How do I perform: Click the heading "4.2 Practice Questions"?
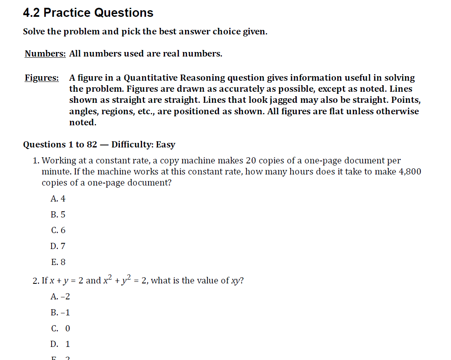pyautogui.click(x=88, y=13)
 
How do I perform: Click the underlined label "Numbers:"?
pyautogui.click(x=45, y=54)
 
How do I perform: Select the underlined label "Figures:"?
pyautogui.click(x=41, y=78)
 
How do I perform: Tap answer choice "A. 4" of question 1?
pyautogui.click(x=58, y=199)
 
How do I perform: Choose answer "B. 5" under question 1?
pyautogui.click(x=58, y=215)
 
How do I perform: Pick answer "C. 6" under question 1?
pyautogui.click(x=58, y=230)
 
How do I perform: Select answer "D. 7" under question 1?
pyautogui.click(x=58, y=246)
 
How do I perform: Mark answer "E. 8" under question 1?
pyautogui.click(x=58, y=262)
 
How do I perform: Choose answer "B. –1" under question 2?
pyautogui.click(x=60, y=312)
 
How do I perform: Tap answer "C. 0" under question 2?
pyautogui.click(x=61, y=328)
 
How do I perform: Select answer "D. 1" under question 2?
pyautogui.click(x=61, y=344)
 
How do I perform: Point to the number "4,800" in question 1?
pyautogui.click(x=409, y=172)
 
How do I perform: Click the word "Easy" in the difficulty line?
pyautogui.click(x=165, y=145)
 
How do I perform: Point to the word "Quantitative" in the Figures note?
pyautogui.click(x=151, y=78)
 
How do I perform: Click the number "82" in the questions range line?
pyautogui.click(x=92, y=145)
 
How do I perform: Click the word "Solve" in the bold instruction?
pyautogui.click(x=34, y=32)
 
